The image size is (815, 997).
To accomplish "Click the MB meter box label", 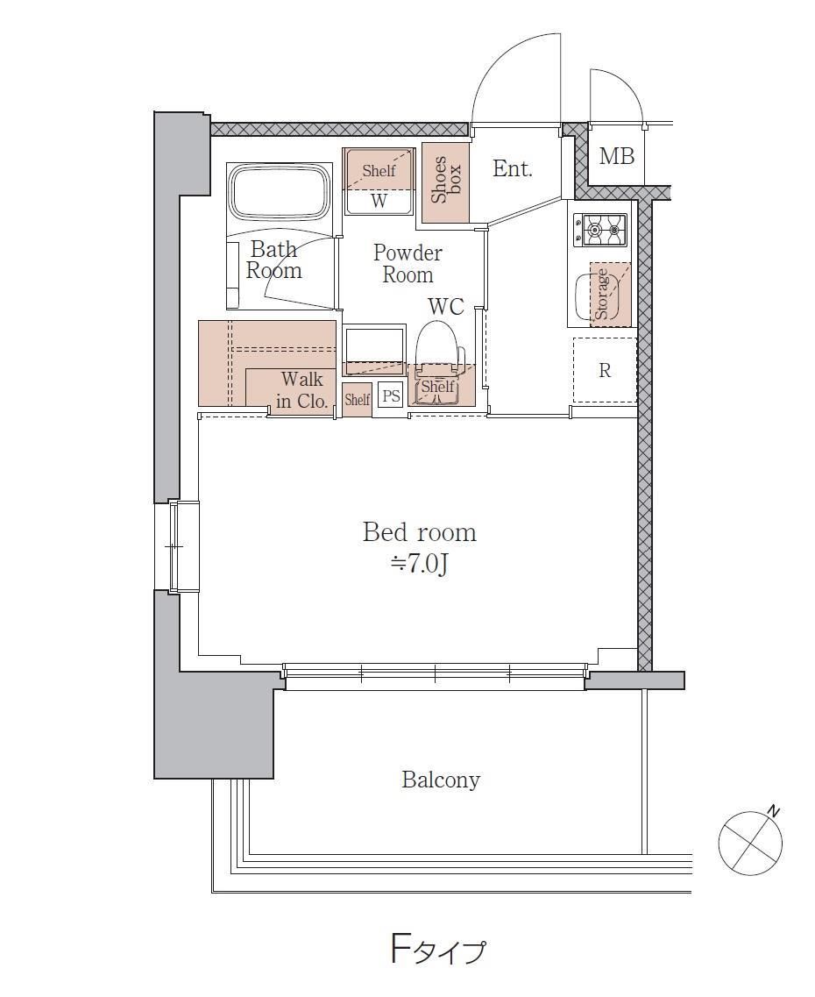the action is click(x=616, y=156).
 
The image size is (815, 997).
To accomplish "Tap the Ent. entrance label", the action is click(x=512, y=168).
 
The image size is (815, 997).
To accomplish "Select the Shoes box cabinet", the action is click(x=445, y=182).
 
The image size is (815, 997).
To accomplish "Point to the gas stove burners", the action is click(x=600, y=230).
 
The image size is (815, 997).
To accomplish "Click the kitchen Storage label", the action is click(x=601, y=294).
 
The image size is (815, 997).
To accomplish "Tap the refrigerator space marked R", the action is click(x=605, y=370).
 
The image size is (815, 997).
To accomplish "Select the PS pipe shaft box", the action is click(x=391, y=396).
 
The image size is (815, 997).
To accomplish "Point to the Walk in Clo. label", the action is click(x=301, y=390).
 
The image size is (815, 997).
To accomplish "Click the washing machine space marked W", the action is click(x=379, y=202).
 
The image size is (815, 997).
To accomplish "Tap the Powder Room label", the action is click(x=407, y=263).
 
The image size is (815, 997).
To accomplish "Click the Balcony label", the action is click(x=441, y=780).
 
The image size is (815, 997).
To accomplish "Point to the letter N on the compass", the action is click(x=773, y=811).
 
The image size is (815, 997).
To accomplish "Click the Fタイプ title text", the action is click(x=437, y=951).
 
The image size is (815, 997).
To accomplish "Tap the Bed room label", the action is click(x=419, y=532).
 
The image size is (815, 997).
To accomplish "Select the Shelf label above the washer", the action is click(x=379, y=170).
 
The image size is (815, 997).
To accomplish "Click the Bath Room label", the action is click(x=273, y=260).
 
